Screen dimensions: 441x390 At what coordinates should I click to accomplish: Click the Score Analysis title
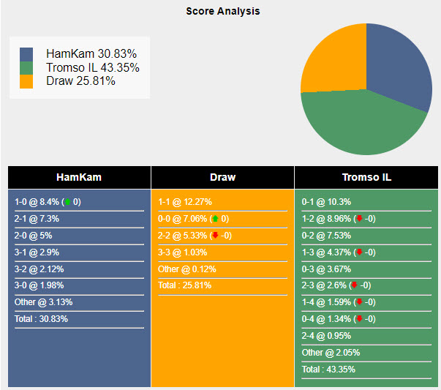(223, 11)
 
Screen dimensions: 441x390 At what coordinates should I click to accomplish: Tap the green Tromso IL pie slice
(363, 124)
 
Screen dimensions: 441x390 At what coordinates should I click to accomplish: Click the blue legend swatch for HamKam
(26, 54)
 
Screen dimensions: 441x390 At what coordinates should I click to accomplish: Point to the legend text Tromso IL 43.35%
(93, 67)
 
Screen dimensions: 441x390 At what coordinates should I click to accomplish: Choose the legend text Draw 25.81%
(80, 81)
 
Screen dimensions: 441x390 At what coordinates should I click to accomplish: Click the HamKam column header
(79, 177)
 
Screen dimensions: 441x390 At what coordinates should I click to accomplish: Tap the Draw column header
(223, 177)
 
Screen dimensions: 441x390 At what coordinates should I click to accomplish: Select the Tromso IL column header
(366, 177)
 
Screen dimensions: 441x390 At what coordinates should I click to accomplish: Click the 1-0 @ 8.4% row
(48, 202)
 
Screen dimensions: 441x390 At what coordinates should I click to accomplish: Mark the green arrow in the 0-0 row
(216, 218)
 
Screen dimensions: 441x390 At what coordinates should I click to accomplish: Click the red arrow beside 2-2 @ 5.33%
(216, 235)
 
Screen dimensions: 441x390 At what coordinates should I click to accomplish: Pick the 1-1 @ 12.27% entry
(185, 202)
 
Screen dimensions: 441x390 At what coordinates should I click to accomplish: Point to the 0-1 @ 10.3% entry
(326, 202)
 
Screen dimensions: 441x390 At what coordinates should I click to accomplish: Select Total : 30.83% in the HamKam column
(41, 319)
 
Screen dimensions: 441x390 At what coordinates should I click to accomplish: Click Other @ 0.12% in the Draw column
(187, 269)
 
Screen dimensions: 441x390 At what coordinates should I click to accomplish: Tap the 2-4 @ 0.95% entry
(326, 336)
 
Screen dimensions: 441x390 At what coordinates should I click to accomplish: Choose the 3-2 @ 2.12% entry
(39, 269)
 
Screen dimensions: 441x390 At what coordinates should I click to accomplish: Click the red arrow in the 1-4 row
(359, 301)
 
